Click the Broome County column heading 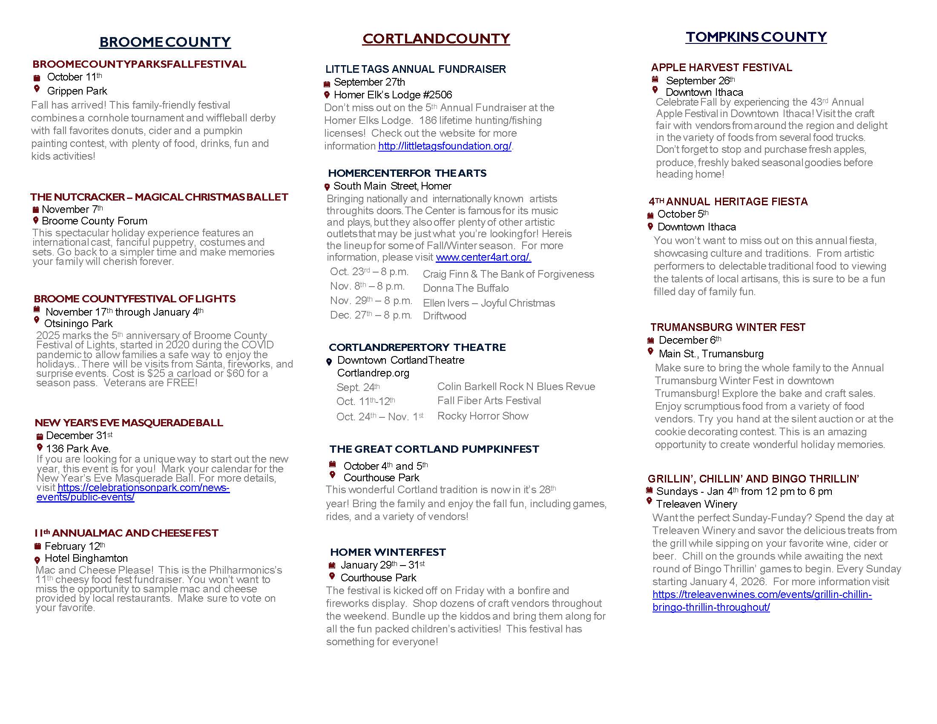coord(165,42)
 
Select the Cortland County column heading coord(436,39)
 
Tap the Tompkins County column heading coord(756,37)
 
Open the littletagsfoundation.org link coord(445,146)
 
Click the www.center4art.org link coord(483,257)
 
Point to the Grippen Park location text coord(77,91)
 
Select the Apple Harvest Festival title coord(721,67)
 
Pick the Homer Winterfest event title coord(388,552)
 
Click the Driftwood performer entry coord(445,316)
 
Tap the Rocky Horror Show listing coord(483,416)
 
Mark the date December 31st coord(79,436)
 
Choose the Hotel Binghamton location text coord(86,558)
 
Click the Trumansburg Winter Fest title coord(727,327)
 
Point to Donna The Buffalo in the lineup coord(466,288)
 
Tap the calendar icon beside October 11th coord(37,78)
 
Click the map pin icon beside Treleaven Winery coord(649,501)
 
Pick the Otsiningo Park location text coord(78,324)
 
